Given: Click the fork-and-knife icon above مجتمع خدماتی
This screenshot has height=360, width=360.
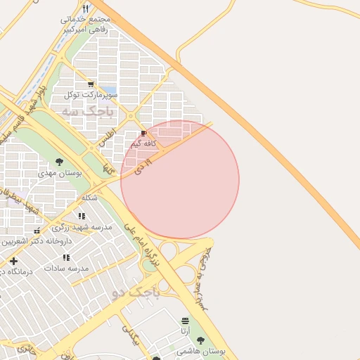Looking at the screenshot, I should pos(85,8).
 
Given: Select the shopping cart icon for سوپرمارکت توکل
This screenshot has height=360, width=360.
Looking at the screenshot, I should pos(91,84).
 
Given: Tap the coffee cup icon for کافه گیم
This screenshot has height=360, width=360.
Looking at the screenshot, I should pos(143,133).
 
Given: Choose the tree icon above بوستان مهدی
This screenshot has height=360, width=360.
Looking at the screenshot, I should pos(58,162).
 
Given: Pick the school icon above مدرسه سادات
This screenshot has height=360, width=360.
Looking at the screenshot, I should pos(66,258).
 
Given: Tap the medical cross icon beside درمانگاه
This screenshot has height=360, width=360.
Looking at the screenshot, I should pos(13,262).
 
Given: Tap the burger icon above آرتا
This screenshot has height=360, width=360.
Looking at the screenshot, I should pos(185,321).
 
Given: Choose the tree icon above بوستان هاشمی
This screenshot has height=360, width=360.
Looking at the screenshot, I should pos(200,340).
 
